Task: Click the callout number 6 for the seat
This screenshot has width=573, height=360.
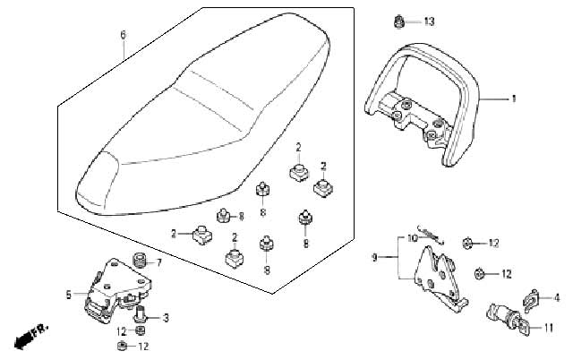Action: (123, 35)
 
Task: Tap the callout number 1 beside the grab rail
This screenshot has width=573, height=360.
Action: (514, 99)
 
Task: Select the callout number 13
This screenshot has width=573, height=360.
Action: (430, 21)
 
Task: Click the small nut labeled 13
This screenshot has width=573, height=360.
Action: (398, 21)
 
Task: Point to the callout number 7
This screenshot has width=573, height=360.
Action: (158, 262)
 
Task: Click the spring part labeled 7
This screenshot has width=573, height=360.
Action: (140, 260)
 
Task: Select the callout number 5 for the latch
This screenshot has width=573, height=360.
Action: (69, 295)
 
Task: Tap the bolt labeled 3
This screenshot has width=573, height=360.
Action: (140, 315)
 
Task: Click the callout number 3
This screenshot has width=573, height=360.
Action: (166, 318)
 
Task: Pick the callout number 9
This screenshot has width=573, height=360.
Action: (374, 258)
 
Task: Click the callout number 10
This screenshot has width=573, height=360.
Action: (412, 239)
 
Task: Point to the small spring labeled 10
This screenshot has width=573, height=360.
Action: (432, 234)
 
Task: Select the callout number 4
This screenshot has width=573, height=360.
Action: (557, 298)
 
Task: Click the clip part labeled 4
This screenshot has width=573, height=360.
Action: (531, 300)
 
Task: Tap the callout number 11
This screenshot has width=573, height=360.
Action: (548, 328)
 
